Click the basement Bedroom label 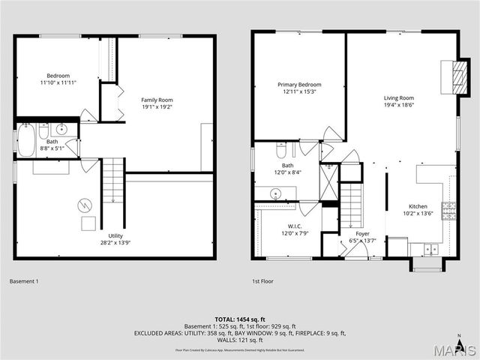[x=58, y=76]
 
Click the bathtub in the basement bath [x=26, y=139]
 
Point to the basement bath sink [x=64, y=129]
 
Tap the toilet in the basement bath [x=44, y=129]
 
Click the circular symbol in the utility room [x=85, y=203]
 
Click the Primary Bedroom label [x=299, y=85]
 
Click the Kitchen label [x=418, y=206]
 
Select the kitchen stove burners [x=448, y=208]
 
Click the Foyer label [x=362, y=233]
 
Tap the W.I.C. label [x=294, y=226]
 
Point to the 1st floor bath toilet [x=282, y=149]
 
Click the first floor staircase [x=351, y=206]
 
